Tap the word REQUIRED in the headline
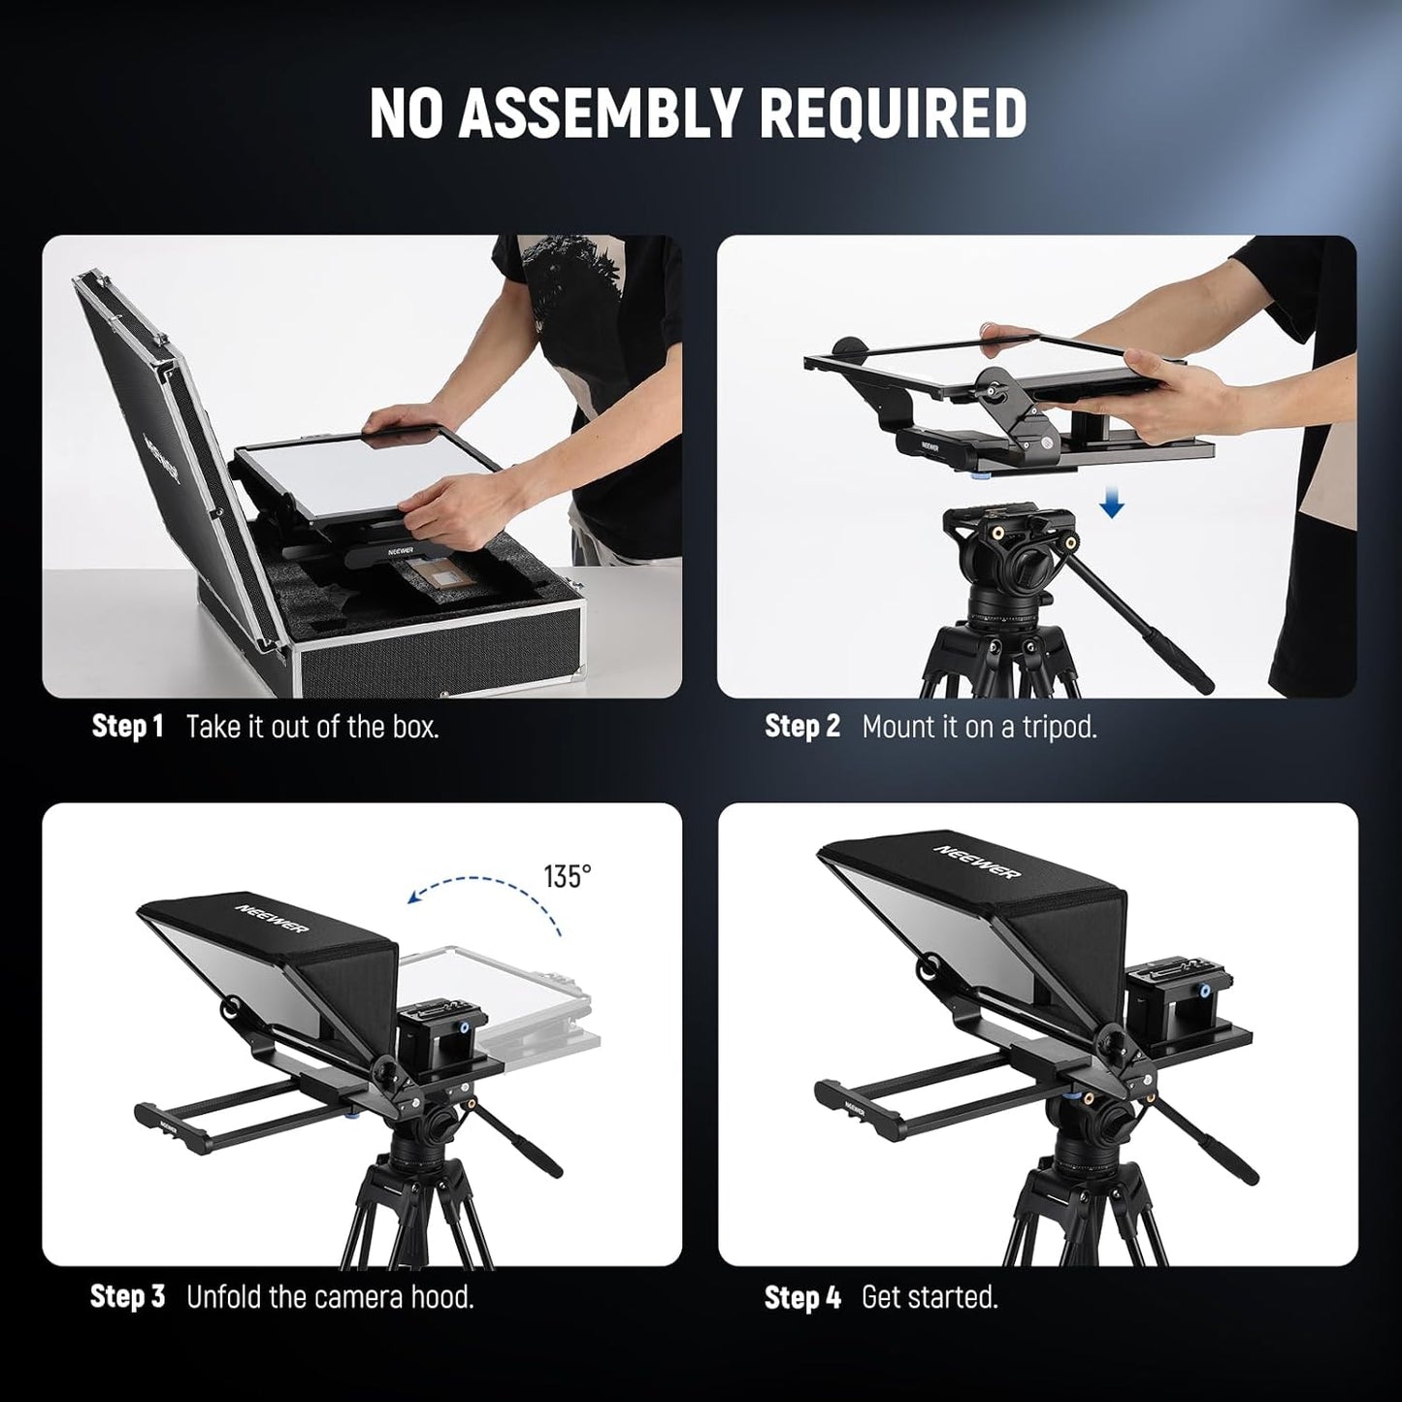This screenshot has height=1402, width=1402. pyautogui.click(x=893, y=113)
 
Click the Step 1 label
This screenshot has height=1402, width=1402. pyautogui.click(x=127, y=727)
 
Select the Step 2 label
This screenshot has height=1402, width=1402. pyautogui.click(x=801, y=727)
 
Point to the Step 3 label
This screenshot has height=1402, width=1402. pyautogui.click(x=127, y=1296)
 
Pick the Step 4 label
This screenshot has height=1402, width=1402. pyautogui.click(x=801, y=1297)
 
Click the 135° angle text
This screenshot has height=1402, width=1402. pyautogui.click(x=567, y=876)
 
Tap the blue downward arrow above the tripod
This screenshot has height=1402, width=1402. pyautogui.click(x=1112, y=504)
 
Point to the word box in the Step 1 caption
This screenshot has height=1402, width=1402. pyautogui.click(x=415, y=727)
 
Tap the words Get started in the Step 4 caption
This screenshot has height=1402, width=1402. pyautogui.click(x=929, y=1297)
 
